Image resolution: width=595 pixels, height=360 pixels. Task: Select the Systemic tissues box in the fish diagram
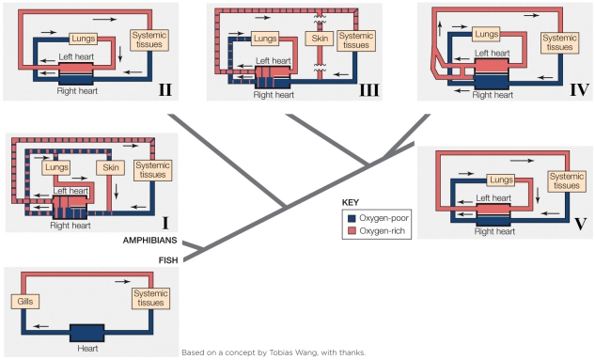pos(149,300)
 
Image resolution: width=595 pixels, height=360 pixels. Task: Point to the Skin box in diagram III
pos(318,39)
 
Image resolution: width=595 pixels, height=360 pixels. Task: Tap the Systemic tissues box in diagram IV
pos(558,41)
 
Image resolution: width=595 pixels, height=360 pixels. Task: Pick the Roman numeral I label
pos(164,224)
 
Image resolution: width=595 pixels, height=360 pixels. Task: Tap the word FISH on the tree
pos(168,260)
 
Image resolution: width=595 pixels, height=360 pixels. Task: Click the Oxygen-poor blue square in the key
pos(351,217)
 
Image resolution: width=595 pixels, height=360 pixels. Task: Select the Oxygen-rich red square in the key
pos(351,230)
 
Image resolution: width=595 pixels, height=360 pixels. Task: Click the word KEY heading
pos(351,202)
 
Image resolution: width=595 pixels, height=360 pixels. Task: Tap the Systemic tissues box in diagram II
pos(147,41)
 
